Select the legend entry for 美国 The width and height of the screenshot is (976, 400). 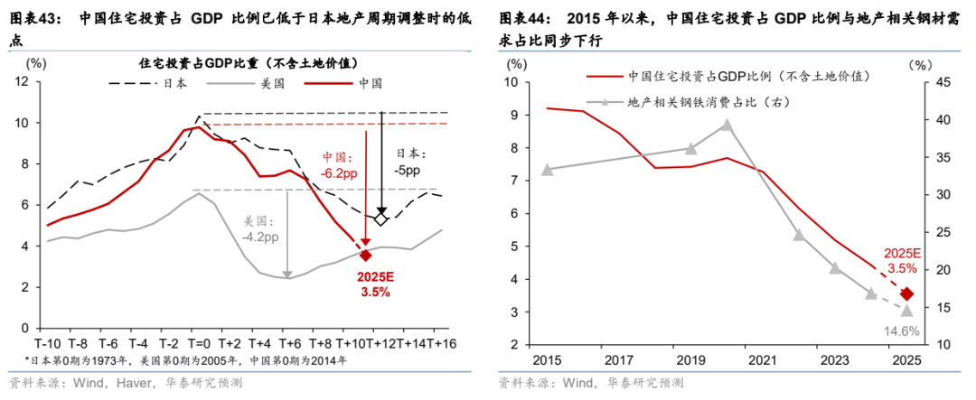274,83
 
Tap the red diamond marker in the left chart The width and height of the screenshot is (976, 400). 365,256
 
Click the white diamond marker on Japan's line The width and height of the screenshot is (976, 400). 381,219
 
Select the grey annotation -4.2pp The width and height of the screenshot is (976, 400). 259,237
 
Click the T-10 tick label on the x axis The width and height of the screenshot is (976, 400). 48,344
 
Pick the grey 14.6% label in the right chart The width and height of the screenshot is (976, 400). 903,330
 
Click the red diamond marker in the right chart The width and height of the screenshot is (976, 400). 907,294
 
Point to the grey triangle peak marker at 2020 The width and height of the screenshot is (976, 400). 726,126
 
